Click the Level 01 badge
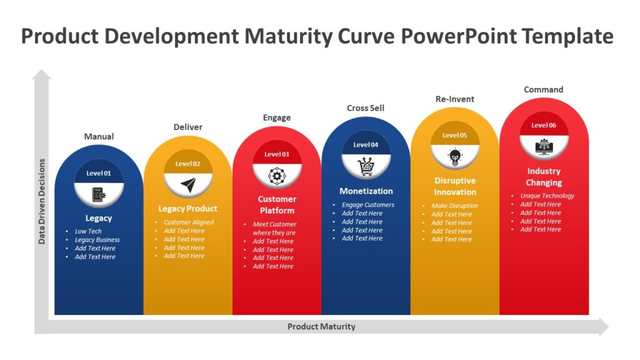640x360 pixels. pos(99,173)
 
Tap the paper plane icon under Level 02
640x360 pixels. pos(188,185)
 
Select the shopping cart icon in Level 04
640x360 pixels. pos(366,166)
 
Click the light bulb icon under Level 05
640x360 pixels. pos(454,156)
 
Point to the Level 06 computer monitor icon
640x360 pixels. pos(544,146)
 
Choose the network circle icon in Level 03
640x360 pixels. pos(277,176)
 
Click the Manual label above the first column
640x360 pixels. pos(99,136)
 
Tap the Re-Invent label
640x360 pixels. pos(454,99)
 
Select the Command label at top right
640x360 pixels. pos(543,89)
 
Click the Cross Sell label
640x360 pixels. pos(366,108)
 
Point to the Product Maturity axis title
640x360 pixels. pos(321,326)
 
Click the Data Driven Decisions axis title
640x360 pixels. pos(42,201)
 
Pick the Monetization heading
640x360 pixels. pos(366,191)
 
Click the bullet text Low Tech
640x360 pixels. pos(88,231)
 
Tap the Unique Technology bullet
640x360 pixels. pos(547,196)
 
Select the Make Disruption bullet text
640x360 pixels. pos(454,206)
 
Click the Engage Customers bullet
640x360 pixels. pos(367,205)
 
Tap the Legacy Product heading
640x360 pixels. pos(188,209)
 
